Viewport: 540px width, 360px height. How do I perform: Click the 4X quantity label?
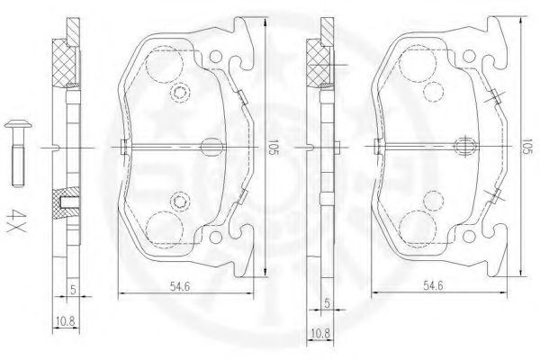coord(16,220)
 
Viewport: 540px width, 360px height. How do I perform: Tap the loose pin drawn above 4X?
coord(18,153)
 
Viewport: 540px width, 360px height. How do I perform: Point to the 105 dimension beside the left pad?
coord(273,147)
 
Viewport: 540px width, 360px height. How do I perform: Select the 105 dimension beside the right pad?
coord(526,147)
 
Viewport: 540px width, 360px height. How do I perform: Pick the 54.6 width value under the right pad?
coord(433,285)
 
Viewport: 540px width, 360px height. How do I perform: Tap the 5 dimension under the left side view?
coord(73,290)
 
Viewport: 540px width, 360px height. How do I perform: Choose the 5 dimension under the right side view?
coord(328,303)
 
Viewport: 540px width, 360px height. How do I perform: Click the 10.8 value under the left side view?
coord(65,321)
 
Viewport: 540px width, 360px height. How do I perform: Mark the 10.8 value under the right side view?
coord(319,334)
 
